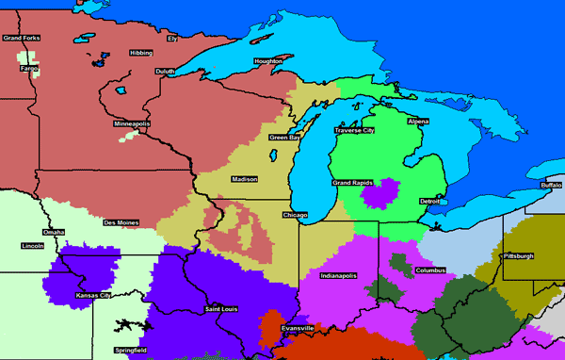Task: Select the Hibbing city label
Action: (x=140, y=54)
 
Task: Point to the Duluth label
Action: (x=165, y=71)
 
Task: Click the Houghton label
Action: (x=267, y=62)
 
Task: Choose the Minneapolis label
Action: (x=132, y=124)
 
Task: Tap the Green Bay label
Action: (x=285, y=139)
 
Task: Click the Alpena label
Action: (x=418, y=122)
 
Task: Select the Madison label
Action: (x=245, y=178)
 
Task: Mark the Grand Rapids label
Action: (x=353, y=182)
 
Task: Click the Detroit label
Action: (x=429, y=201)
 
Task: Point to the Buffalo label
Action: (x=551, y=186)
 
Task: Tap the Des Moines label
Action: (x=121, y=223)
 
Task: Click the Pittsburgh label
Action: (x=518, y=256)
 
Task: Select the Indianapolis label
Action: (x=339, y=276)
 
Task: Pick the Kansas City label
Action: (x=93, y=296)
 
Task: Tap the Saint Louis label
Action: (x=222, y=309)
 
